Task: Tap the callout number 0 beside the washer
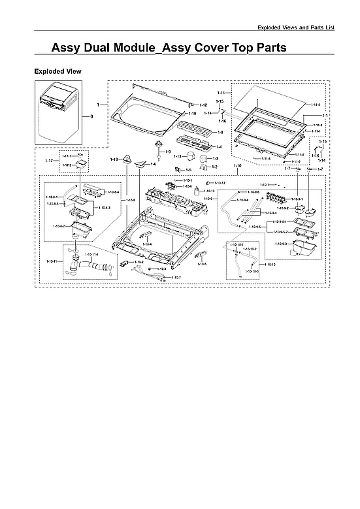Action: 91,117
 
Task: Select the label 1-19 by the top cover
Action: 202,114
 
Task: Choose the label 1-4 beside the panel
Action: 218,146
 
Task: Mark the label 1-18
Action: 114,159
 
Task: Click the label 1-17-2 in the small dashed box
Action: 67,165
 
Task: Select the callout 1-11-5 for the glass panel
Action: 316,105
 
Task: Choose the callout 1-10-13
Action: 208,191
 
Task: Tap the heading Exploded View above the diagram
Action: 57,71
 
